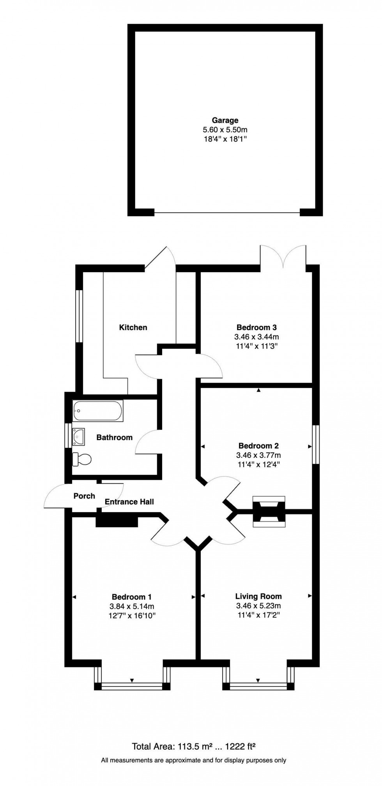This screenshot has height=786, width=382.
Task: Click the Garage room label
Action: click(225, 120)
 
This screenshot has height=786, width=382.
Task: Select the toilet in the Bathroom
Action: click(81, 459)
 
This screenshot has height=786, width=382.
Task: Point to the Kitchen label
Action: click(133, 327)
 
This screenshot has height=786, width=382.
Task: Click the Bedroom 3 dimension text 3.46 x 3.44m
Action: click(256, 337)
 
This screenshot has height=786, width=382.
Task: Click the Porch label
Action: click(84, 496)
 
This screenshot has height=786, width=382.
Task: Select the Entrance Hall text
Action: click(129, 502)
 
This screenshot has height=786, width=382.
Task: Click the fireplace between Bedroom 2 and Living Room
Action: click(269, 511)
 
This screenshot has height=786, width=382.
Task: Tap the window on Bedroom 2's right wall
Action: click(316, 445)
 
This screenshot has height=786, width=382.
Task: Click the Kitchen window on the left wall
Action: click(79, 316)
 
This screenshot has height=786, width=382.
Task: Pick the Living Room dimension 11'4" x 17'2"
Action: click(258, 615)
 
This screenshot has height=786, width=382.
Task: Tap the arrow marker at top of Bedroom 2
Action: click(258, 390)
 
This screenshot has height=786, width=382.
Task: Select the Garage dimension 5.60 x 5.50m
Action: click(225, 130)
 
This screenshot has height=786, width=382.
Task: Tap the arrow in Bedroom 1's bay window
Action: click(132, 680)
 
